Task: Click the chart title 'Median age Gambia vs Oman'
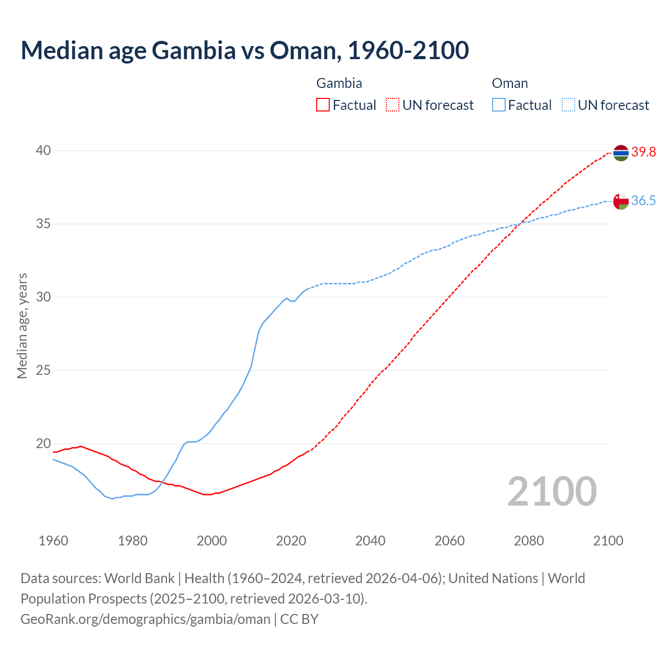pyautogui.click(x=244, y=50)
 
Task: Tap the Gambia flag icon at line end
pyautogui.click(x=620, y=153)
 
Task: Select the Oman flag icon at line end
pyautogui.click(x=620, y=201)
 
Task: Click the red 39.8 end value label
pyautogui.click(x=643, y=152)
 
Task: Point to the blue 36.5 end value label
pyautogui.click(x=643, y=201)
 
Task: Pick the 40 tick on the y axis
pyautogui.click(x=43, y=151)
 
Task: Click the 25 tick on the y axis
pyautogui.click(x=43, y=371)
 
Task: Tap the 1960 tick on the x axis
pyautogui.click(x=53, y=541)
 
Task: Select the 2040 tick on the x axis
pyautogui.click(x=370, y=541)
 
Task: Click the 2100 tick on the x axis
pyautogui.click(x=608, y=541)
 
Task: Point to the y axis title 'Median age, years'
pyautogui.click(x=22, y=326)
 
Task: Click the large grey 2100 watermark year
pyautogui.click(x=552, y=492)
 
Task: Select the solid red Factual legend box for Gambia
pyautogui.click(x=323, y=105)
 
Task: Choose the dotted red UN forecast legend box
pyautogui.click(x=393, y=105)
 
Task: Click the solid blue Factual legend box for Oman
pyautogui.click(x=499, y=105)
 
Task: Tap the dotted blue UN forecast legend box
pyautogui.click(x=568, y=105)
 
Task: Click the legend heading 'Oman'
pyautogui.click(x=510, y=83)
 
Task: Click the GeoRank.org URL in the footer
pyautogui.click(x=145, y=619)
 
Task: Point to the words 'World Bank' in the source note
pyautogui.click(x=139, y=578)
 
